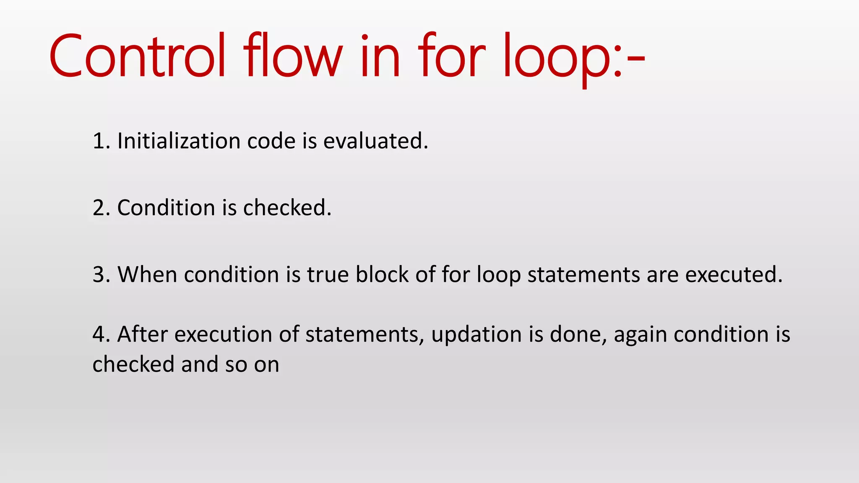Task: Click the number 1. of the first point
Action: coord(101,141)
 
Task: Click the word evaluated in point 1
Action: coord(375,141)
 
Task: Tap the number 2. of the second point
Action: coord(101,208)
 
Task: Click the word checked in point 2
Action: coord(287,208)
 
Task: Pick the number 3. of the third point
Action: coord(101,275)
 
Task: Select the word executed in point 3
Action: coord(734,275)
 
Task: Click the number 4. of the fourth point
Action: coord(101,335)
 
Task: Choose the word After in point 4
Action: coord(142,335)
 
